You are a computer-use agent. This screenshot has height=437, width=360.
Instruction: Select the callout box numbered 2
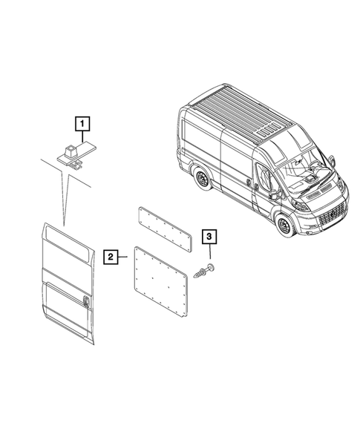111,257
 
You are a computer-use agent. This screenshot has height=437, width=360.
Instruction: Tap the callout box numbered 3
209,237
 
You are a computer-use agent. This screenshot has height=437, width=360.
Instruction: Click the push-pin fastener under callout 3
203,272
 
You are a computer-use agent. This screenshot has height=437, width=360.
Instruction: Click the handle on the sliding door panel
87,300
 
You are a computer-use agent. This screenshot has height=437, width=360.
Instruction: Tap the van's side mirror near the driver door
273,194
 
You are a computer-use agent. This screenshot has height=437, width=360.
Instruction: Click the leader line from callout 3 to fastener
209,254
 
